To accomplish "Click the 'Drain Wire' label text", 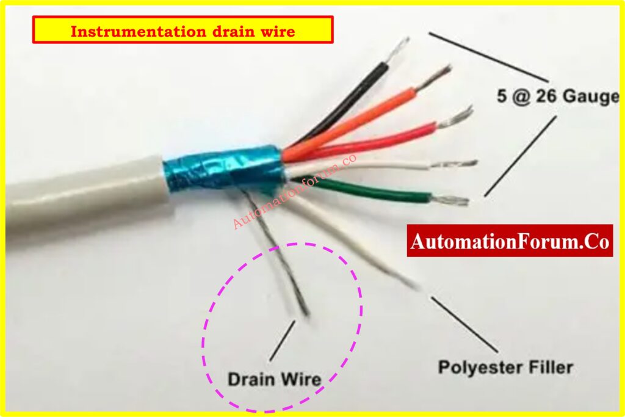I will coord(274,379).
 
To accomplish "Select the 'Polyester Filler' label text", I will coord(505,367).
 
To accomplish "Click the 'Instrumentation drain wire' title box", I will coord(182,30).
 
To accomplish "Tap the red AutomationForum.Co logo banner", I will coord(510,241).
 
